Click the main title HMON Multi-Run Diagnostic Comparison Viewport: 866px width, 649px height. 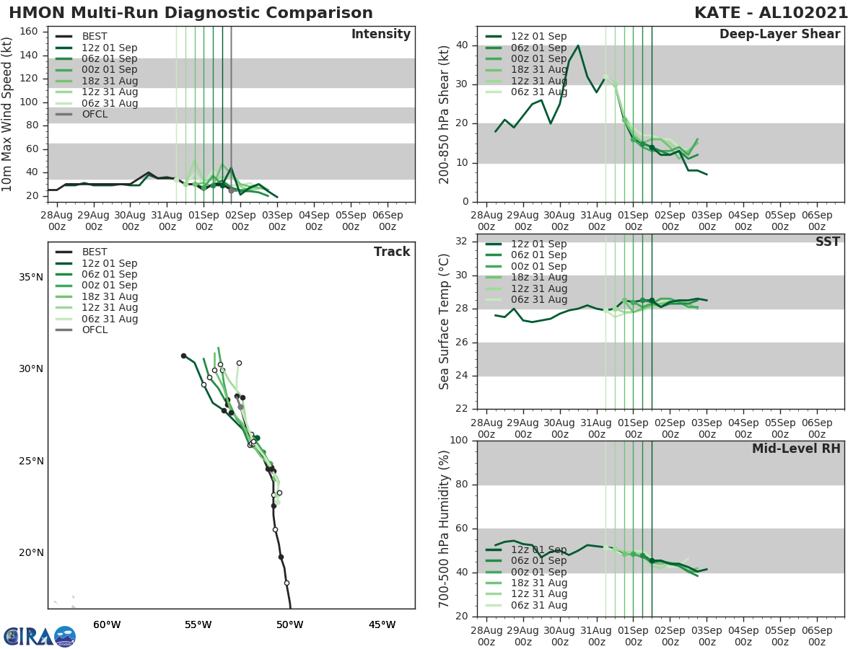pos(191,13)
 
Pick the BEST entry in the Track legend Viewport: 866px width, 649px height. pos(94,252)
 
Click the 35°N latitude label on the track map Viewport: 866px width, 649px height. pos(30,277)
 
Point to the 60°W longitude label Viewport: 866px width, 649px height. pos(106,624)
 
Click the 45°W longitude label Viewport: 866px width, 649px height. pos(382,624)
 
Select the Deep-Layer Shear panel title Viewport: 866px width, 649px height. pos(779,35)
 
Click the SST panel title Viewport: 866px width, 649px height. pos(827,242)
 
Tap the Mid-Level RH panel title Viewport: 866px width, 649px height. pos(795,449)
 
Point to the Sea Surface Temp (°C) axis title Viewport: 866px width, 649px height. pos(445,321)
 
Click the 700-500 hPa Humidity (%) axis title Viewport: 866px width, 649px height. pos(445,529)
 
